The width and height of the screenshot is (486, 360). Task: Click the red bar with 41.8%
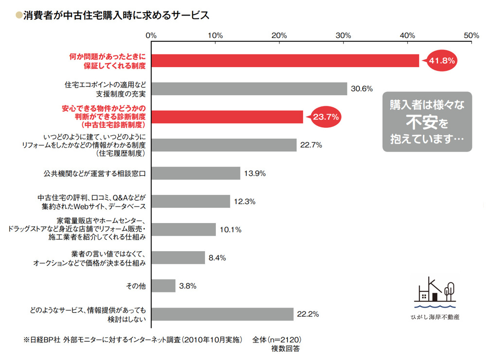285,61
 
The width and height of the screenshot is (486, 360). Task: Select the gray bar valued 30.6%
249,89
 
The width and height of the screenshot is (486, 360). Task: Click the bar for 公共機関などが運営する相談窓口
195,173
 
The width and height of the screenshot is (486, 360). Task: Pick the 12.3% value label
244,202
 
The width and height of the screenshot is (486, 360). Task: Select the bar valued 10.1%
183,230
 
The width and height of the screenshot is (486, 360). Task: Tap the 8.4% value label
217,258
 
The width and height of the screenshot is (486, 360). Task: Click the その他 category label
136,286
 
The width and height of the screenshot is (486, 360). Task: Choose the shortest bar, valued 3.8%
163,286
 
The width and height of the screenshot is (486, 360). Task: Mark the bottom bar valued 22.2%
222,314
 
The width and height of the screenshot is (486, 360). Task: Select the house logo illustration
435,294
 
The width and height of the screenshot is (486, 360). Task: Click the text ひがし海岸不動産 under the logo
434,317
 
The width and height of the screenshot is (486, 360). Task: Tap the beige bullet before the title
19,15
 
